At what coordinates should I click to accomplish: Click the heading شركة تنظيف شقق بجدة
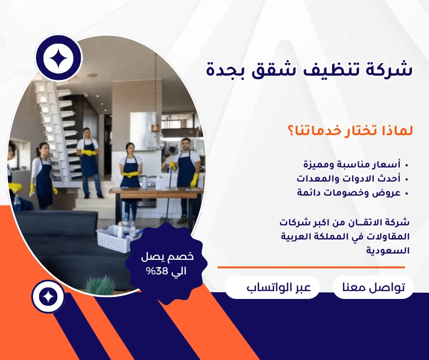tap(309, 69)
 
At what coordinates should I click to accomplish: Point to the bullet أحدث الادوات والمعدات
tap(349, 178)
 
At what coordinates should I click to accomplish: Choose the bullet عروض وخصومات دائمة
tap(349, 193)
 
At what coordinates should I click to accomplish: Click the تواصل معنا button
tap(373, 287)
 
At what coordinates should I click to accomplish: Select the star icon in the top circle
tap(58, 58)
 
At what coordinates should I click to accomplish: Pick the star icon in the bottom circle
tap(48, 296)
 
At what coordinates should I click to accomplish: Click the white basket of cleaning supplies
tap(115, 239)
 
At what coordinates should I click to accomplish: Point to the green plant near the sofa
tap(101, 285)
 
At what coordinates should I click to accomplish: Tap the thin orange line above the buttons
tap(311, 267)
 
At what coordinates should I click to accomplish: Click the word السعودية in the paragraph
tap(388, 250)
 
